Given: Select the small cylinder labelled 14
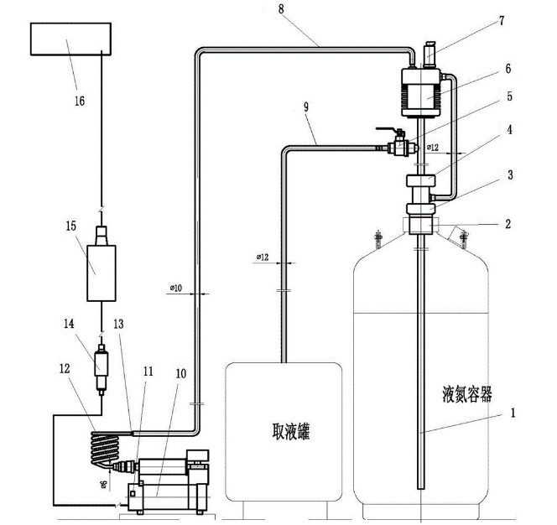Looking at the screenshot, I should [x=102, y=366].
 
